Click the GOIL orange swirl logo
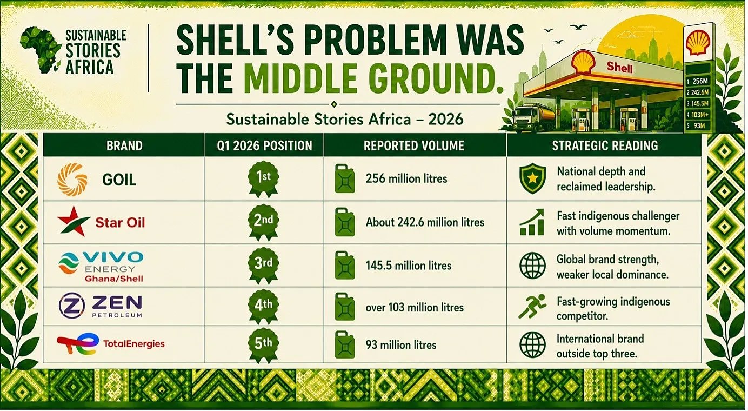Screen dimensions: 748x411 [x=72, y=180]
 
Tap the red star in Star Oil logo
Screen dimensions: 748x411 [x=73, y=221]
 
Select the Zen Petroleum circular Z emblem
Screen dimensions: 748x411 [x=71, y=306]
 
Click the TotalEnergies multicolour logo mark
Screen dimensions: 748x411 [x=78, y=343]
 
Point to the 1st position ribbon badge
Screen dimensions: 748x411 [x=263, y=179]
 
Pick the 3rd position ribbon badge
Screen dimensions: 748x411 [x=263, y=266]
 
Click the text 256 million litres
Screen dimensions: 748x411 [x=406, y=179]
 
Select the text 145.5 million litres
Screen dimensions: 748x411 [x=409, y=266]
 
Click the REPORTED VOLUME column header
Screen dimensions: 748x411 [x=414, y=145]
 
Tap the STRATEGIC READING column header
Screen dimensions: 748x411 [x=605, y=145]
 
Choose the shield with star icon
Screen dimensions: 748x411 [x=532, y=178]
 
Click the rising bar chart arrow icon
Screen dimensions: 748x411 [x=532, y=222]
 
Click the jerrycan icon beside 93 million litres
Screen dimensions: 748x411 [x=345, y=345]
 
